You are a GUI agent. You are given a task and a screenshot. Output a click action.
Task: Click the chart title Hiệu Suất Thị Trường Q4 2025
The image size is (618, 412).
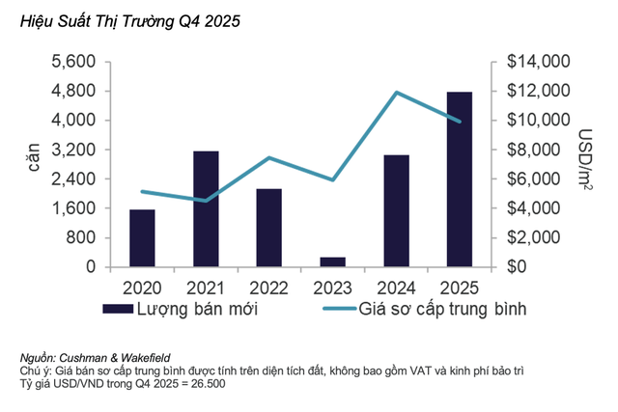point(124,19)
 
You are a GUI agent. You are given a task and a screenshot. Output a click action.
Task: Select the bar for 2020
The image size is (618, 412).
point(142,237)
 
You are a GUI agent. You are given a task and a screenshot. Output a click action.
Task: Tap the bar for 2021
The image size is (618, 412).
point(206,208)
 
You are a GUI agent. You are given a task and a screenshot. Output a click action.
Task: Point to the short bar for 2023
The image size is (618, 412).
point(332,261)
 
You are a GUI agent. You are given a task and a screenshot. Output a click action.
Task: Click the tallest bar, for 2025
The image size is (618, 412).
point(460,179)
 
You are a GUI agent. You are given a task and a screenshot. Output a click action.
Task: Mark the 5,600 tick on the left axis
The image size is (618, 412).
point(73,62)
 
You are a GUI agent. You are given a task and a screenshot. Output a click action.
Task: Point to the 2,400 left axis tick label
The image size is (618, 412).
point(73,179)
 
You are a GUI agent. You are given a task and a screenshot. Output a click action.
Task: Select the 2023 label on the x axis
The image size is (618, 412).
point(332,287)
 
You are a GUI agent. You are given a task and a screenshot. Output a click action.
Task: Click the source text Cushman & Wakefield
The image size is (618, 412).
point(108,359)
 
